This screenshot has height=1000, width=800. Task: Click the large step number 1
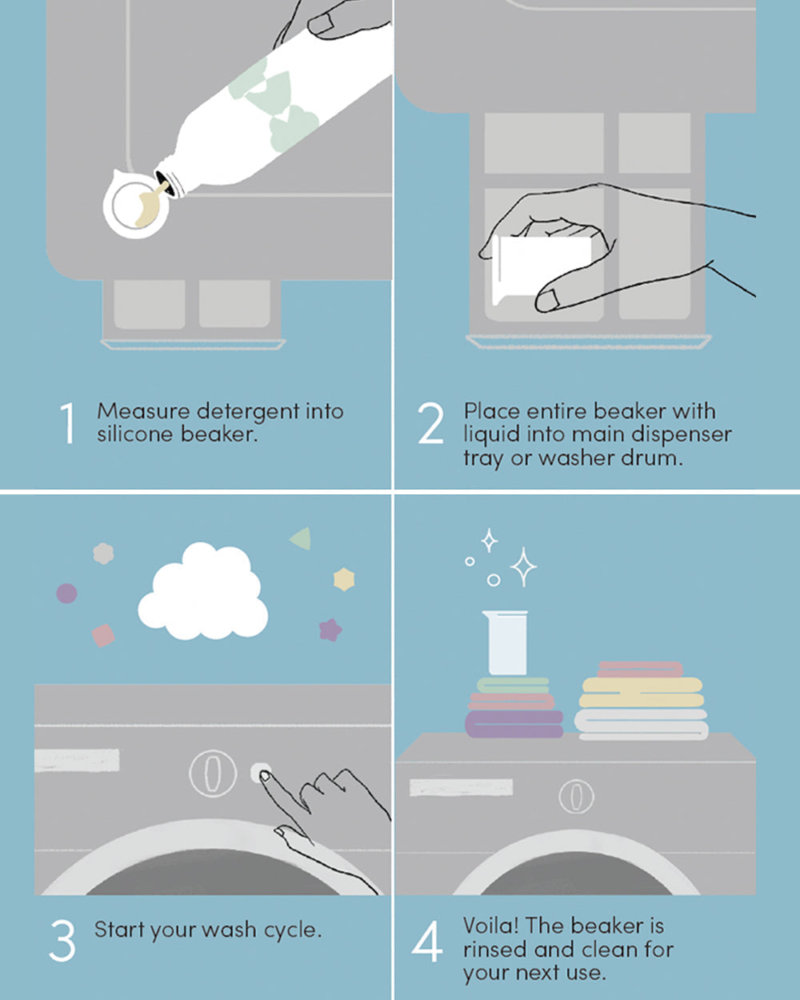pyautogui.click(x=68, y=423)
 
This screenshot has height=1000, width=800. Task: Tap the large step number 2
pyautogui.click(x=430, y=423)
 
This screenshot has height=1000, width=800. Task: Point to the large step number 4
pyautogui.click(x=426, y=942)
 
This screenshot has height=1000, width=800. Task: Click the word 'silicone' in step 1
pyautogui.click(x=135, y=435)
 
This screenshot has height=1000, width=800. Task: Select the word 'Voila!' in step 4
pyautogui.click(x=490, y=926)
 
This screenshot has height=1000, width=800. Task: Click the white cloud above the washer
pyautogui.click(x=202, y=594)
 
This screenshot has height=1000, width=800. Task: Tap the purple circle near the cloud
pyautogui.click(x=66, y=594)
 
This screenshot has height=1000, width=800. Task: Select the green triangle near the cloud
pyautogui.click(x=302, y=538)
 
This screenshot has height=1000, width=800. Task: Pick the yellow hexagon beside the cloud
pyautogui.click(x=344, y=579)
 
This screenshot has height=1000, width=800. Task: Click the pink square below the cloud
pyautogui.click(x=103, y=636)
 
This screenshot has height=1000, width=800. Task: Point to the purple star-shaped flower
pyautogui.click(x=330, y=630)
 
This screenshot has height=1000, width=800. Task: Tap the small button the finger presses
pyautogui.click(x=260, y=773)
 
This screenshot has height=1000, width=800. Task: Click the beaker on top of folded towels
pyautogui.click(x=506, y=642)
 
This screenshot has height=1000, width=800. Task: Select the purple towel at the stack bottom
pyautogui.click(x=514, y=724)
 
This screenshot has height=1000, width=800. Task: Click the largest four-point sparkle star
pyautogui.click(x=523, y=567)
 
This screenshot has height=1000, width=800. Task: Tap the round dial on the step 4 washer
pyautogui.click(x=576, y=796)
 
